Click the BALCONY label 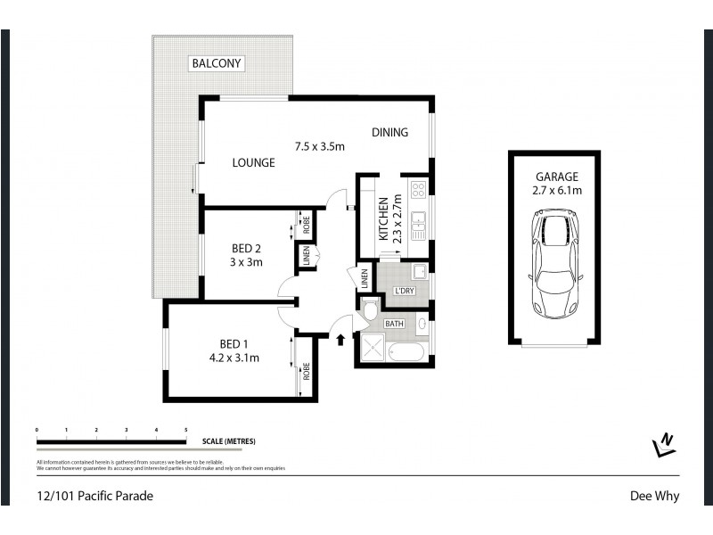click(x=217, y=63)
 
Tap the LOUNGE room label click(x=253, y=163)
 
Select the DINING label click(x=389, y=133)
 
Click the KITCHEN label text click(x=383, y=219)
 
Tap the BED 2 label click(x=246, y=248)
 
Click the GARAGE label click(x=557, y=177)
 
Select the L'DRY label click(x=406, y=291)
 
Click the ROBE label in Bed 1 click(x=306, y=369)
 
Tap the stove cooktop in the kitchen click(x=417, y=190)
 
